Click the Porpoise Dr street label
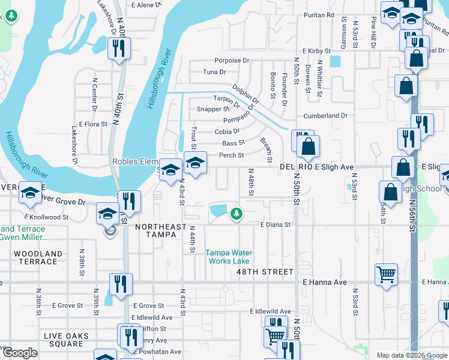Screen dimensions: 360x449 click(x=233, y=61)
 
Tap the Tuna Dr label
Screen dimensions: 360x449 click(x=214, y=72)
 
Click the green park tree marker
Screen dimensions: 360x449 click(x=237, y=213)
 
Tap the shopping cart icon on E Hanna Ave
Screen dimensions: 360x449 click(x=386, y=274)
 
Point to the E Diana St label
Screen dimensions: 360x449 click(x=275, y=225)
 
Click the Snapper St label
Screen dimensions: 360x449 click(x=213, y=109)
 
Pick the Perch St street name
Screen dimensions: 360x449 click(x=231, y=155)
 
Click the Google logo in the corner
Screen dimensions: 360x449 click(x=20, y=353)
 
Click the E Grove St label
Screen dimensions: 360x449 click(x=149, y=305)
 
